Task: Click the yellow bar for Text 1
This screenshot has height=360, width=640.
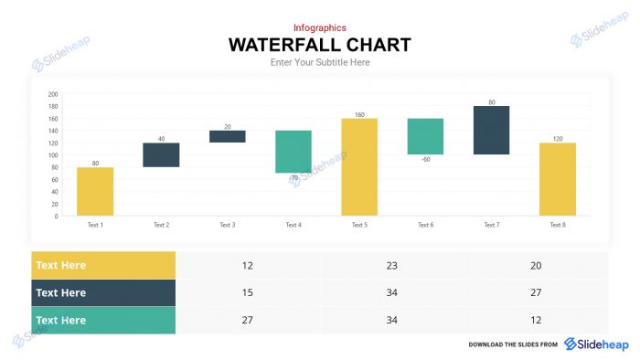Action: (95, 191)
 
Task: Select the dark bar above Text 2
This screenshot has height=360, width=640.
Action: (161, 154)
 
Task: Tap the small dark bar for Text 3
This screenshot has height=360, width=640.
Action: (227, 136)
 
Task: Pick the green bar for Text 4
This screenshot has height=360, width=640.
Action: (293, 151)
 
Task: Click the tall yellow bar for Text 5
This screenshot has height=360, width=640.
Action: (359, 166)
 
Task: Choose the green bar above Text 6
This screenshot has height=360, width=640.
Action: (425, 136)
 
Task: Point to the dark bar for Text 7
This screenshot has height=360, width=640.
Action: (491, 130)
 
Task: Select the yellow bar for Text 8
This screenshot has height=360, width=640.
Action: (557, 179)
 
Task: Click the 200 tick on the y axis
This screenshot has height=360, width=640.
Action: (53, 94)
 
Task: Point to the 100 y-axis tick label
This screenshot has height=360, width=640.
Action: (53, 155)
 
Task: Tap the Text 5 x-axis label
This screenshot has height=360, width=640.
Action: (359, 225)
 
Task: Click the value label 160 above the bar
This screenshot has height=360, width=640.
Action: (359, 114)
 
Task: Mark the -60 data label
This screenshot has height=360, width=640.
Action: (425, 160)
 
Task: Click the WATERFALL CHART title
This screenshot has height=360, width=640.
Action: (319, 45)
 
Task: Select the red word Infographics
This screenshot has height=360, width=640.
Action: (319, 27)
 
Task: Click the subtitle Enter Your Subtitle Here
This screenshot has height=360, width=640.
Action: (319, 62)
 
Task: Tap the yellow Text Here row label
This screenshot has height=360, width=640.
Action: (103, 265)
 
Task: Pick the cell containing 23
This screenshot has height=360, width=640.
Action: (391, 265)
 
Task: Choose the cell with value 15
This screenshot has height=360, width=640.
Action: (248, 292)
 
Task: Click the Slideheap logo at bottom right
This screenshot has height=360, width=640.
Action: (596, 344)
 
